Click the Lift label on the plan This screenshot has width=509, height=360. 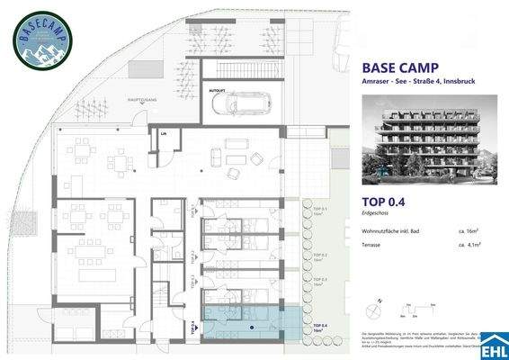pos(164,134)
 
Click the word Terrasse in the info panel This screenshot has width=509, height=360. pos(371,245)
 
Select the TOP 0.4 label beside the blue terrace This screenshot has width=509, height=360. pos(319,327)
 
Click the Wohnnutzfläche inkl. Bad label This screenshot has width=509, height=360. pos(391,232)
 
